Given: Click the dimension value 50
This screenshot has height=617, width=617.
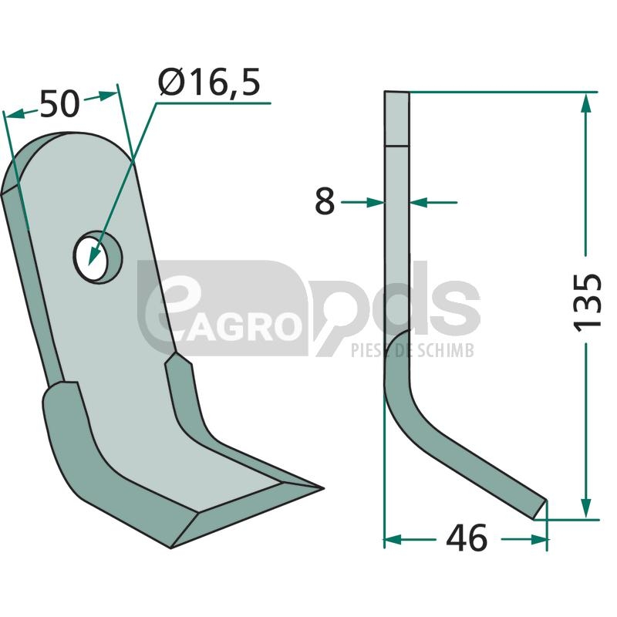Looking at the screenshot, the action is point(60,104).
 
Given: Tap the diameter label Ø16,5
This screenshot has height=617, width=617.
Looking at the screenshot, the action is point(209,82).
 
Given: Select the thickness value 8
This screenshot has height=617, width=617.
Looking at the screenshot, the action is point(325,201).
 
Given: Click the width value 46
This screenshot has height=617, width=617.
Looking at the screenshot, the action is point(467,538).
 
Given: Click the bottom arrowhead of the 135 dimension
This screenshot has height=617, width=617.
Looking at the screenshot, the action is point(586,508).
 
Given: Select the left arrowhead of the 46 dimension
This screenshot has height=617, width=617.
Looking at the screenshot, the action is point(393,539).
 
